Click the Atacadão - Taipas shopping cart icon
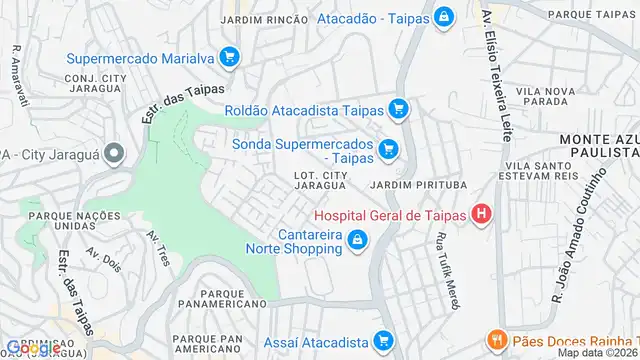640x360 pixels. click(x=443, y=17)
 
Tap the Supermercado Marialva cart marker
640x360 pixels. click(x=229, y=57)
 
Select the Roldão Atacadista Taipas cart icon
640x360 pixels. click(x=399, y=109)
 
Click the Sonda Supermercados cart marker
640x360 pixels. click(x=389, y=151)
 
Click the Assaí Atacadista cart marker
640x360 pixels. click(x=382, y=342)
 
